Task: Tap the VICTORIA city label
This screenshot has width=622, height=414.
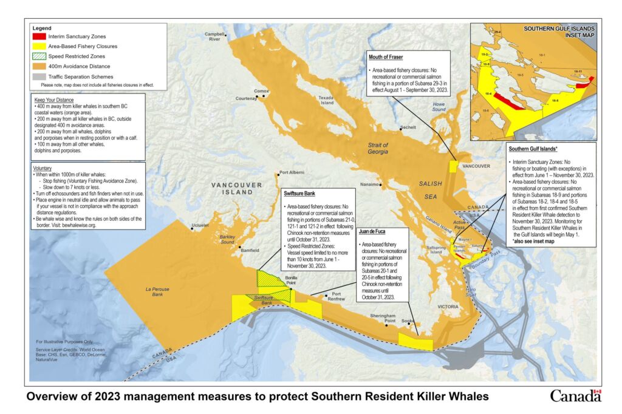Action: pyautogui.click(x=447, y=307)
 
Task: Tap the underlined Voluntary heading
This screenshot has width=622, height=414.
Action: pyautogui.click(x=43, y=168)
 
